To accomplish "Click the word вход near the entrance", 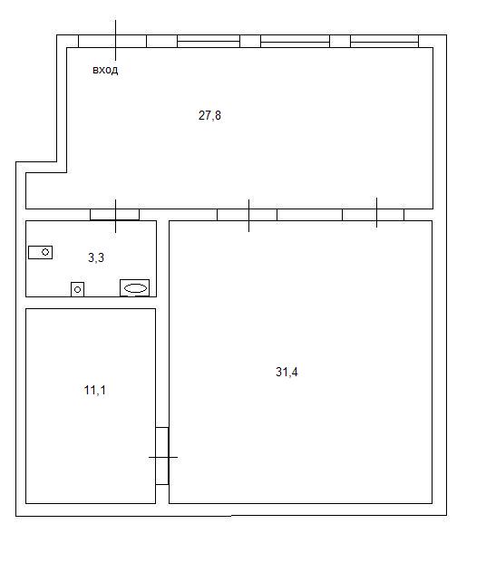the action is coord(105,70).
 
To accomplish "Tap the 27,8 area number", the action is coord(209,115).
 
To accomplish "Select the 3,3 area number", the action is coord(96,257).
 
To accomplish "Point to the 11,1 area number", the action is coord(94,390).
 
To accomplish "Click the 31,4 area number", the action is coord(287,372).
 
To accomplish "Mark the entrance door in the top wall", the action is coord(112,41).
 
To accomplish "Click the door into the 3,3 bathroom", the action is coord(115,215).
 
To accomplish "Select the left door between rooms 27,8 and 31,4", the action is coord(247,215).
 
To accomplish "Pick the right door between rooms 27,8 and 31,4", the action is coord(374,215).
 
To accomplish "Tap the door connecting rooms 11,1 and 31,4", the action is coord(162,456).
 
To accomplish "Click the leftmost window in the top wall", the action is coord(209,41).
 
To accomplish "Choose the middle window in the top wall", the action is coord(296,41).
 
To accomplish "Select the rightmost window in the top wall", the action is coord(384,41).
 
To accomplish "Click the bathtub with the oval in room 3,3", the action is coord(135,288).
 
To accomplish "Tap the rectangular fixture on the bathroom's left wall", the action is coord(41,252).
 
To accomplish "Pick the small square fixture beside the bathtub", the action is coord(78,289).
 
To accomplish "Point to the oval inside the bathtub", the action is coord(135,288).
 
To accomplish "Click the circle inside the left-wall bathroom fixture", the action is coord(45,252).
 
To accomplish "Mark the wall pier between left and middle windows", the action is coord(250,41).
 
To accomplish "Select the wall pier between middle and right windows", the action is coord(340,41).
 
